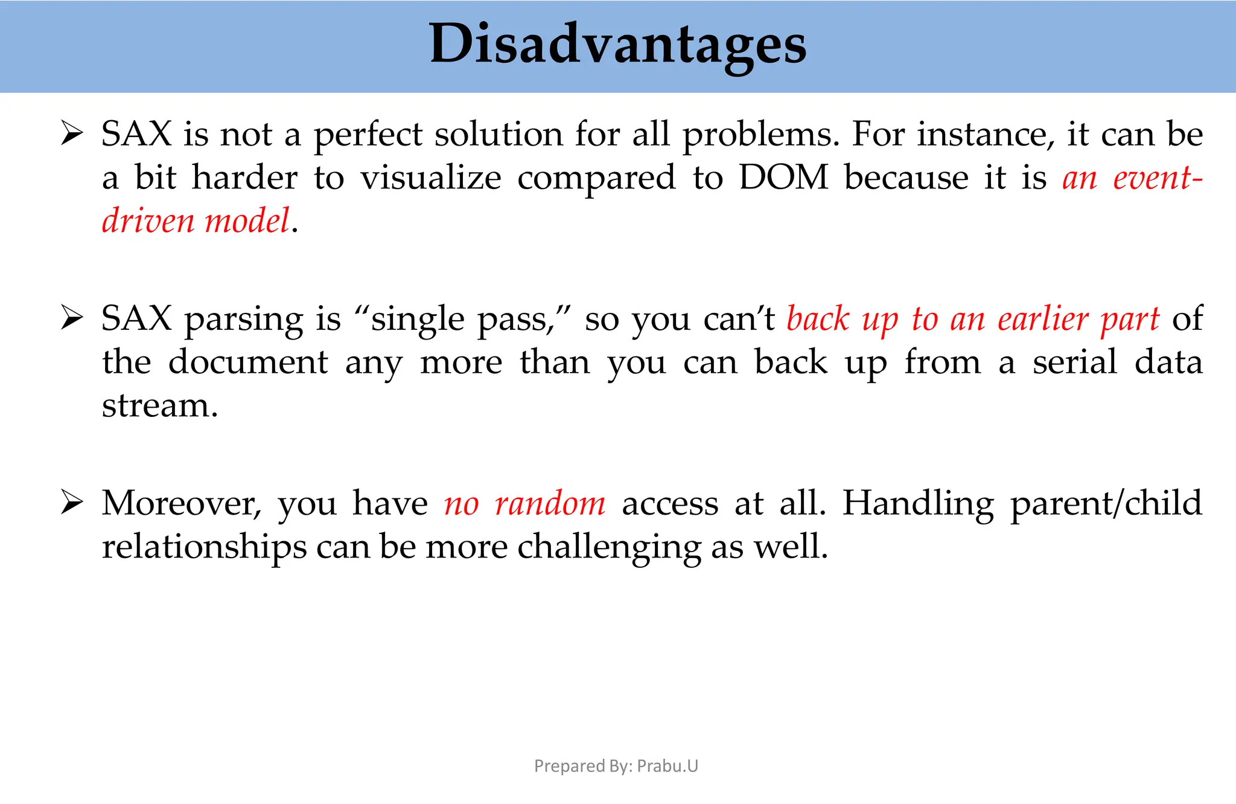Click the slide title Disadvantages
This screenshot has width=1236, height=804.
click(x=617, y=43)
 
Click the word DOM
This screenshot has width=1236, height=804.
click(x=783, y=178)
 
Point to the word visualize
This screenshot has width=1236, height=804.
click(x=430, y=178)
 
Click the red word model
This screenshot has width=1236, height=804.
click(x=247, y=220)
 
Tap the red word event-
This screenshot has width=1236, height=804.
click(x=1158, y=178)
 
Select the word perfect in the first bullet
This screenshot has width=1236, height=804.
click(x=368, y=134)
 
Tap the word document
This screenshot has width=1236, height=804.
click(x=247, y=362)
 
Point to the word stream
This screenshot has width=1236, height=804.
click(x=159, y=405)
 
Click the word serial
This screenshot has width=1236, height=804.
click(x=1075, y=362)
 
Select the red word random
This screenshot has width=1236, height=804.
click(x=550, y=503)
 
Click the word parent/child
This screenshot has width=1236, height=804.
click(x=1106, y=503)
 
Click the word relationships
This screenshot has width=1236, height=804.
click(x=204, y=547)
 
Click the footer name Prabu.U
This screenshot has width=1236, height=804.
click(x=667, y=766)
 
